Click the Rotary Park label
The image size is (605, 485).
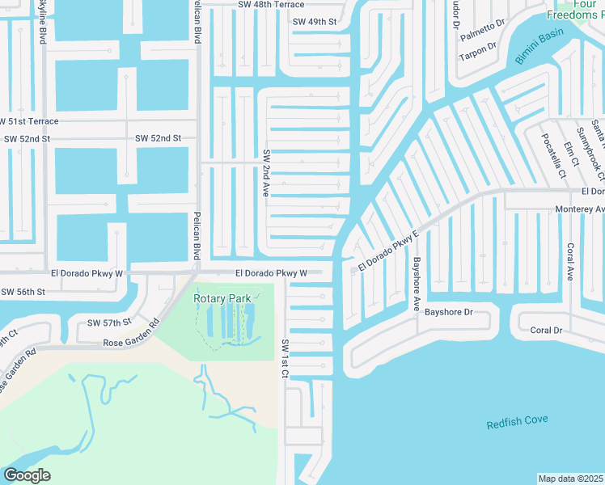point(222,298)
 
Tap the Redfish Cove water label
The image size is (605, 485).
point(518,420)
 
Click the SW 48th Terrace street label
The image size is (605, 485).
point(271,5)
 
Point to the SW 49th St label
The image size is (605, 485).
point(315,21)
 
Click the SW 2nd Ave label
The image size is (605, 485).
point(265,173)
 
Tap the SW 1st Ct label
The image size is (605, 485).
point(285,356)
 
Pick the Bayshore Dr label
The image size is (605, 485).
point(448,311)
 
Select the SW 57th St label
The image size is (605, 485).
point(109,323)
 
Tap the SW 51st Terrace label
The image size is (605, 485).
point(29,121)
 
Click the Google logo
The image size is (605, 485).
point(27,475)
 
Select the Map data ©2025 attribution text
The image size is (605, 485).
point(571,479)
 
